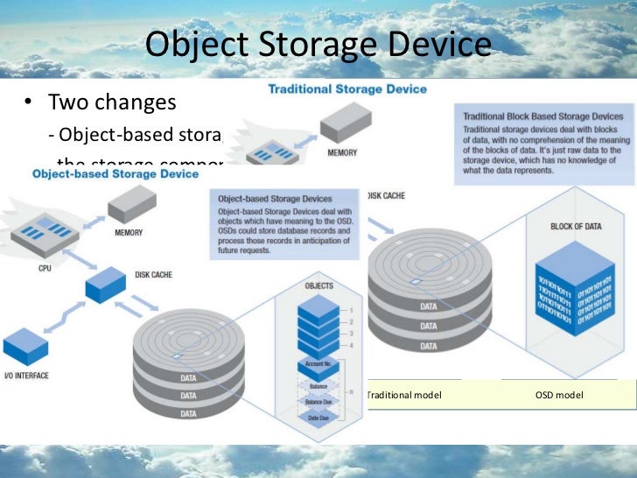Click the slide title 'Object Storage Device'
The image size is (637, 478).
pyautogui.click(x=318, y=45)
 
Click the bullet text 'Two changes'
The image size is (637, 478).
pyautogui.click(x=111, y=102)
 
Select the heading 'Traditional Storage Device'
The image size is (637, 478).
pyautogui.click(x=346, y=89)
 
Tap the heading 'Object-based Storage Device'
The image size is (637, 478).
pyautogui.click(x=115, y=174)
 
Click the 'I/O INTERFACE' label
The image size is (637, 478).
pyautogui.click(x=25, y=375)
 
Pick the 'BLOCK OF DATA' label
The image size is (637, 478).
pyautogui.click(x=576, y=227)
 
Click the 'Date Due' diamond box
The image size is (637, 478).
pyautogui.click(x=318, y=418)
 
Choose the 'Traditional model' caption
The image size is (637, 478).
pyautogui.click(x=404, y=396)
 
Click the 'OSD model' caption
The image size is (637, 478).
pyautogui.click(x=558, y=396)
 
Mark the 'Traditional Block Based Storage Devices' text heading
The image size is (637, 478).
pyautogui.click(x=542, y=116)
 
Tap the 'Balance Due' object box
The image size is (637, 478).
pyautogui.click(x=318, y=401)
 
